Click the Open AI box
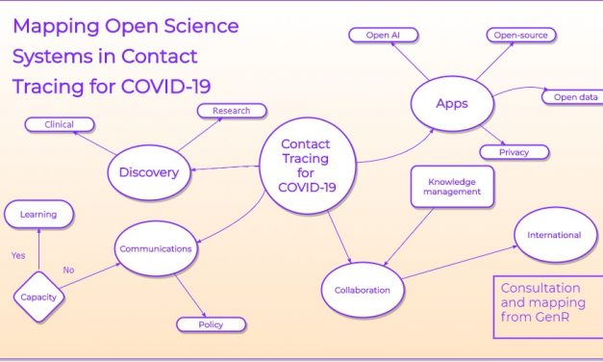(x=383, y=36)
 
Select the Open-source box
(x=520, y=36)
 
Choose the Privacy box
(x=514, y=152)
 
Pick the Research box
(x=232, y=111)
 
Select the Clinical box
(x=60, y=124)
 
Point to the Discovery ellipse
(x=149, y=172)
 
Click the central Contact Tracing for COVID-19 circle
(x=305, y=162)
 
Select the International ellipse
(x=554, y=235)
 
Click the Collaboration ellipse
(x=363, y=289)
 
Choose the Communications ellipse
(x=156, y=248)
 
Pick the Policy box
(x=211, y=324)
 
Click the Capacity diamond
(x=38, y=297)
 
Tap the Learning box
(x=38, y=214)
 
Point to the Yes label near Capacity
(x=18, y=256)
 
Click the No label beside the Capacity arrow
(x=68, y=271)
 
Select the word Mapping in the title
(x=54, y=25)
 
